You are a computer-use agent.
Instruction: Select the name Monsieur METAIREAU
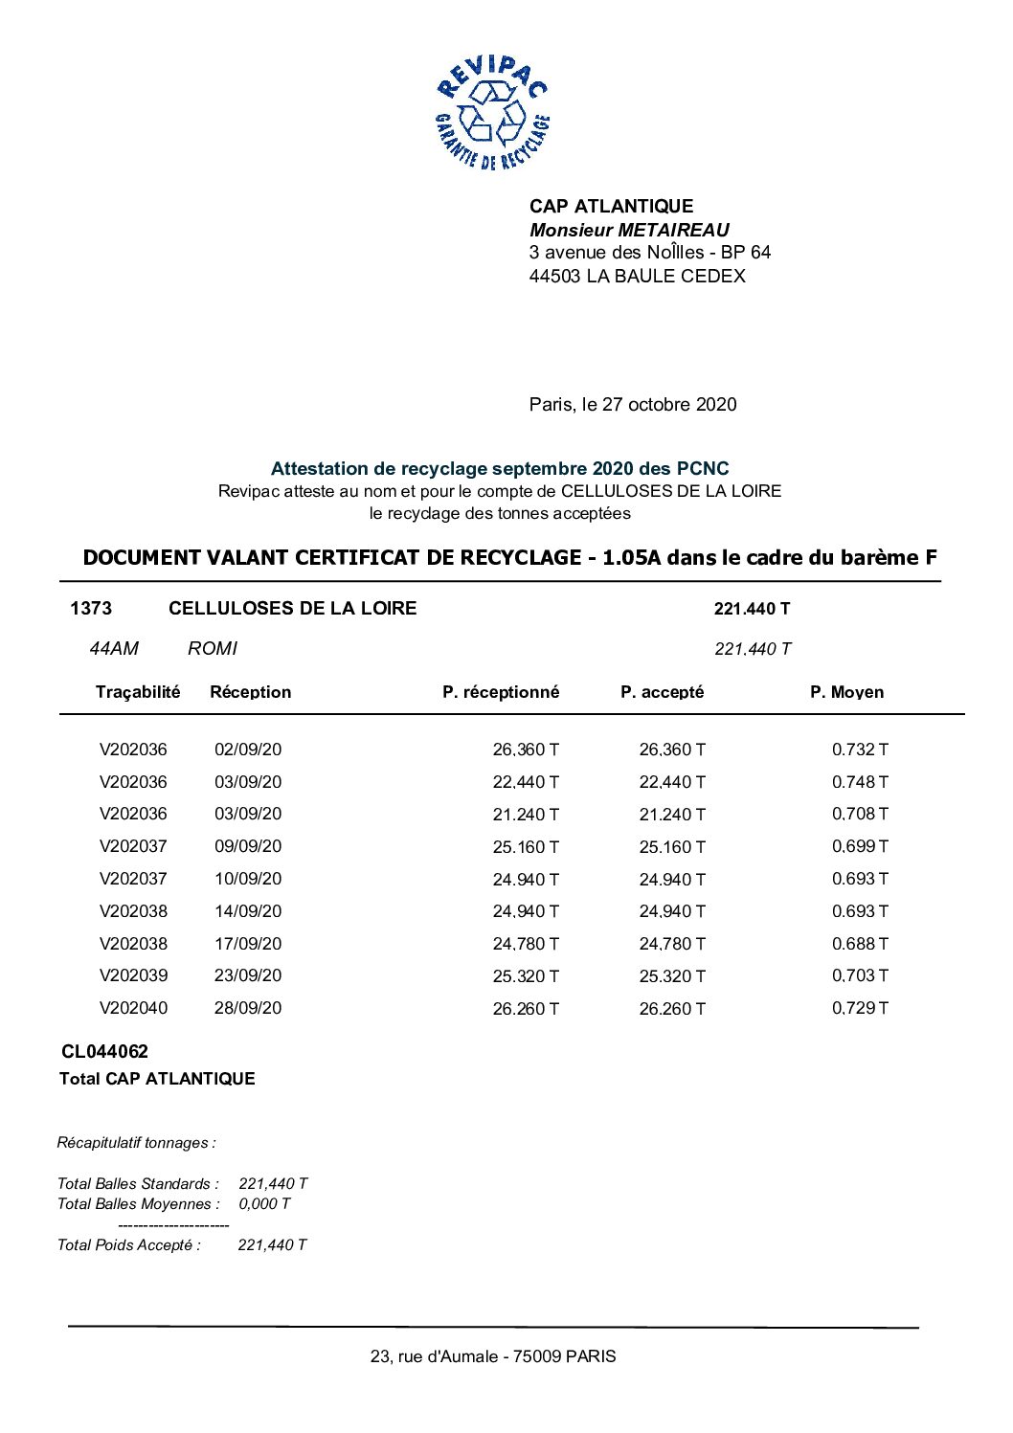629,230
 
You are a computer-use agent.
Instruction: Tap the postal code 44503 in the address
554,277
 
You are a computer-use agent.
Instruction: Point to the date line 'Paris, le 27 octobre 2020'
633,405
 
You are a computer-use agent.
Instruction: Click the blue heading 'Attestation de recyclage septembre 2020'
499,469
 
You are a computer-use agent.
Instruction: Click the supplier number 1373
91,609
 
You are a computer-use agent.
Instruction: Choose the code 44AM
114,649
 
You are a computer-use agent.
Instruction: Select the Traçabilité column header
138,692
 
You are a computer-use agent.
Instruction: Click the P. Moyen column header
846,692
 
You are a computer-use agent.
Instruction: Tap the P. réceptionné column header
501,692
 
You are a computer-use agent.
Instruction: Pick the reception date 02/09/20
248,750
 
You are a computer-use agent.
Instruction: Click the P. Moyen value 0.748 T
860,782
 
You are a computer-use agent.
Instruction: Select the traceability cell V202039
133,976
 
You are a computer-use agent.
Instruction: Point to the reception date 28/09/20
248,1009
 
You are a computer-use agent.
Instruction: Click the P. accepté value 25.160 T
672,847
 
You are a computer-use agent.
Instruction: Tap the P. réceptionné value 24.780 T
526,945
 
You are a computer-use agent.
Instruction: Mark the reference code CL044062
105,1052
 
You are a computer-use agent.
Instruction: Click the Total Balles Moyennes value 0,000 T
264,1204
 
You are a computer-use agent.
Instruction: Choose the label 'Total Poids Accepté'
129,1245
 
